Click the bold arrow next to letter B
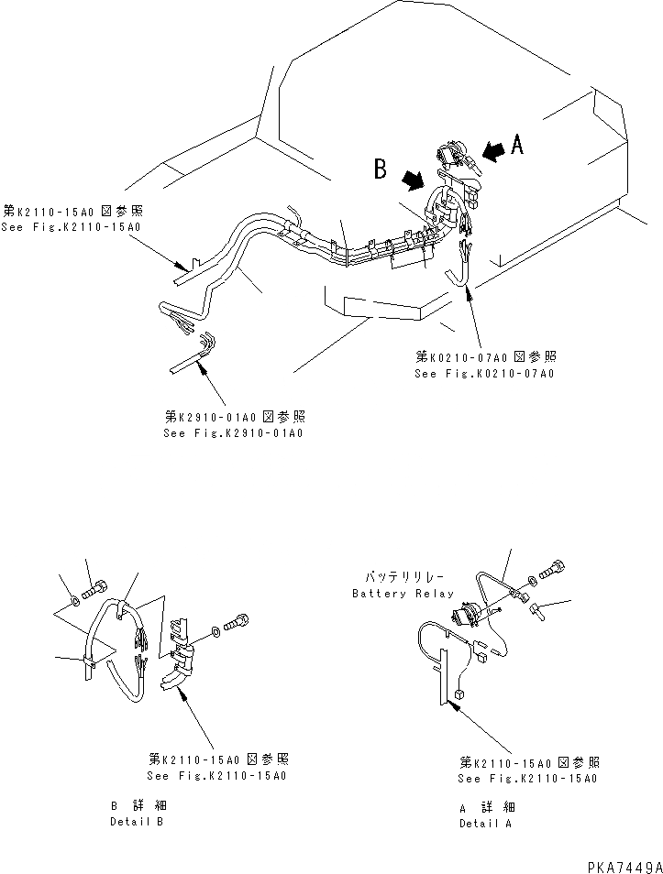click(415, 180)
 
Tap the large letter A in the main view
click(518, 144)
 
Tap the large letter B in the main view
click(381, 169)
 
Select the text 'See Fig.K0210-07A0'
click(484, 374)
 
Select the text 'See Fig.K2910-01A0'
click(233, 432)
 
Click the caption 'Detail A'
click(486, 823)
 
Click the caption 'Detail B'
click(137, 822)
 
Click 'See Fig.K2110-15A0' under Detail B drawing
click(219, 776)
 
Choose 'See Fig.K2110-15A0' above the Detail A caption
click(529, 779)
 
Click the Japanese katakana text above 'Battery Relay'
click(403, 578)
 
